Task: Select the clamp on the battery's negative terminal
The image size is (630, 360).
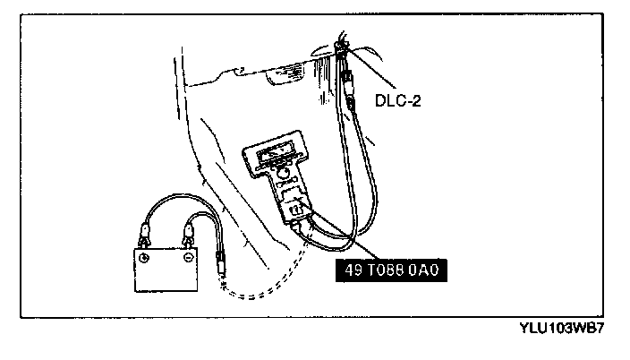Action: coord(190,237)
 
